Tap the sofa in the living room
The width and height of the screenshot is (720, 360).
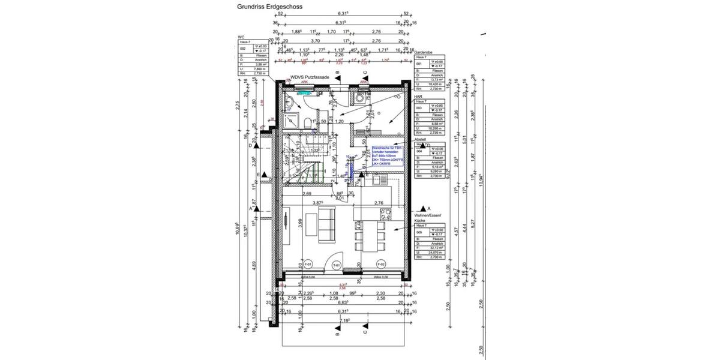click(x=328, y=223)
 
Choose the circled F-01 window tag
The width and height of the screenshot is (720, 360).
click(x=308, y=264)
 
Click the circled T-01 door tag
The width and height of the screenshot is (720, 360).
click(x=337, y=265)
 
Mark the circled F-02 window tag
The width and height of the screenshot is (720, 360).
click(x=380, y=264)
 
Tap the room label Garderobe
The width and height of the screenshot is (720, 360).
click(x=424, y=53)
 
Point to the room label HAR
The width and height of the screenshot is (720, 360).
click(x=418, y=96)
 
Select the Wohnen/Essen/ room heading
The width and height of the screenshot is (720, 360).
click(x=427, y=215)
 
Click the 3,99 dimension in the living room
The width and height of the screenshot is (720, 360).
click(x=299, y=223)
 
